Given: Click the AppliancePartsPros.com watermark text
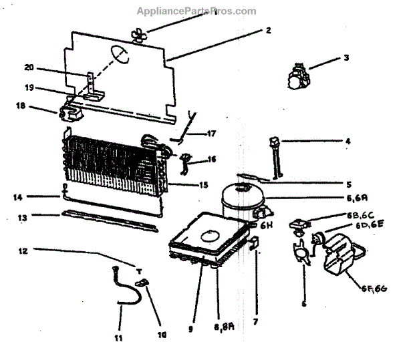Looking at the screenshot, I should tap(196, 11).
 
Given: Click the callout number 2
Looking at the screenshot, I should tap(268, 30).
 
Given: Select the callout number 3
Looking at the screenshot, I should tap(346, 57).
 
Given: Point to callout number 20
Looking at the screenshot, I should tap(29, 67).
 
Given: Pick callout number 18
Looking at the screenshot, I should tap(20, 106).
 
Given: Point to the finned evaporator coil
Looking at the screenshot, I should tap(114, 162).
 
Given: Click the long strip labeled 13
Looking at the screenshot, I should tap(107, 218).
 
